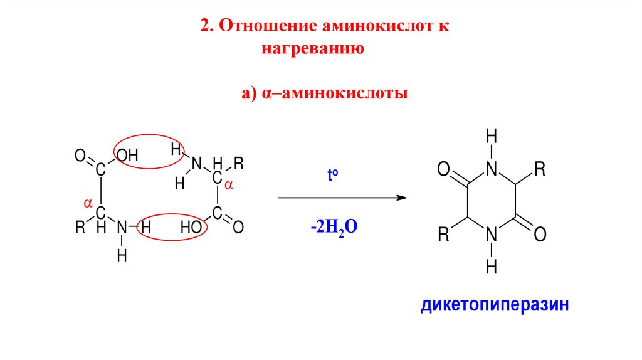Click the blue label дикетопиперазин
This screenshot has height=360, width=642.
click(x=495, y=306)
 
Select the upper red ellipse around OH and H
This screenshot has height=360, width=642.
click(x=149, y=152)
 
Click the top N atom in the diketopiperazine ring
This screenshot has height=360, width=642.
click(x=492, y=169)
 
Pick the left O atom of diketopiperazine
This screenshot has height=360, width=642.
click(x=443, y=169)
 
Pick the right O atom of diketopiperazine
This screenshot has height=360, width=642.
click(x=540, y=235)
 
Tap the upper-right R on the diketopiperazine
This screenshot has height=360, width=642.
click(x=540, y=169)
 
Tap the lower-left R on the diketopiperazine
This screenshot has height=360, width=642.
click(x=443, y=235)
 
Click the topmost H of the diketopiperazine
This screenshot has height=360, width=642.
click(x=492, y=135)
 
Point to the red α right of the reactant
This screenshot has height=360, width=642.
click(x=229, y=186)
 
